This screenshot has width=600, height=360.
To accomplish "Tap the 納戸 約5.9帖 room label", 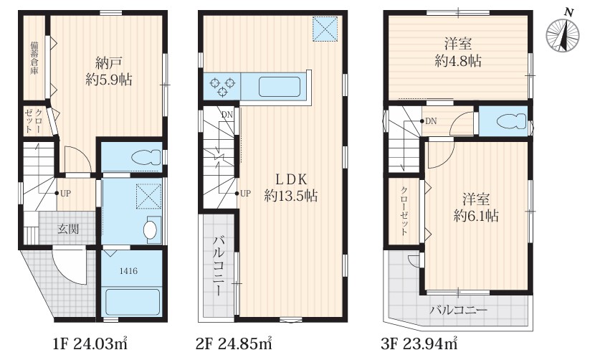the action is point(109,71).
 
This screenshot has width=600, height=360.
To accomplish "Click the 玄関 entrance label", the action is point(68,229).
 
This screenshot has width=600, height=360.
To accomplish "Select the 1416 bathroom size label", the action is point(128,271).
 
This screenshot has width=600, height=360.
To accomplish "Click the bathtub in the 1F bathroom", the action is point(133,302).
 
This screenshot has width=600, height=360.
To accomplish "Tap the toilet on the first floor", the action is point(146,157).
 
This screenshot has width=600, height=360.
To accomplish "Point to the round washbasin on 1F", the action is point(150,230).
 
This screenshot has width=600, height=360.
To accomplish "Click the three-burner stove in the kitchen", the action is point(222,87).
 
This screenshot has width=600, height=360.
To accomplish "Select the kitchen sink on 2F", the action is point(279,87).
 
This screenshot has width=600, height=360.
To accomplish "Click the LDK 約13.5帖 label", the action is point(291,188).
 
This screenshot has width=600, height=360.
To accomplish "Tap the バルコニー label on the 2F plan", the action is point(218,266).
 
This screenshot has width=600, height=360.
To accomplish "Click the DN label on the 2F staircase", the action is point(227,114).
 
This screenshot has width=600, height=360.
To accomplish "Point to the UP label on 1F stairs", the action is point(65,194).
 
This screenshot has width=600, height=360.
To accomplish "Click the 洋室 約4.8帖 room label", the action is point(457,52).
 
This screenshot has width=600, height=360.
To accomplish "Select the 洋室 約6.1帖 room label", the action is point(476,208).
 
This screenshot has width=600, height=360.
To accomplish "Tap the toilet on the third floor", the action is point(512,121).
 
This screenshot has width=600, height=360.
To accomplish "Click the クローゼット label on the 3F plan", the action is point(404,211).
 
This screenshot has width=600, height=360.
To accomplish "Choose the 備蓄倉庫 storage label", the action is point(34,58).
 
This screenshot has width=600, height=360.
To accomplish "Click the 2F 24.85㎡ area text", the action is point(234,344).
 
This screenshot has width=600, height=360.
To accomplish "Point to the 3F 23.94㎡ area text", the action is point(419,344).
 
